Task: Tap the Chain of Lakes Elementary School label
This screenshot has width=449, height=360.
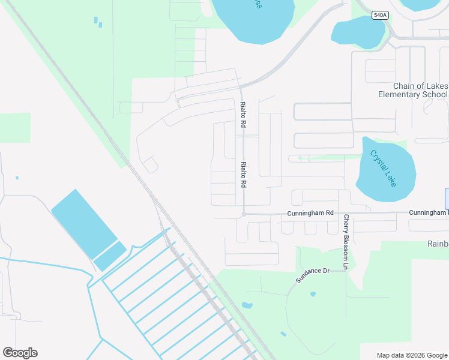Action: [x=412, y=90]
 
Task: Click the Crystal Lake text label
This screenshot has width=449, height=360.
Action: [x=383, y=167]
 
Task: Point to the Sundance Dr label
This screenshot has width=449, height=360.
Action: [x=313, y=275]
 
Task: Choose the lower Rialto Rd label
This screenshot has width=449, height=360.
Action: [x=244, y=176]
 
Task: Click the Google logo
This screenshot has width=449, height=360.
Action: [x=20, y=353]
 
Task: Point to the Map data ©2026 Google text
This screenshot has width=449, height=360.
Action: [x=411, y=355]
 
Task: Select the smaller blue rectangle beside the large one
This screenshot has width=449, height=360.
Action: [x=110, y=256]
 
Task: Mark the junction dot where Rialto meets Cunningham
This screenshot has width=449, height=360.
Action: [x=244, y=214]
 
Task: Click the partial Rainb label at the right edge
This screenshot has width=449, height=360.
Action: [x=438, y=244]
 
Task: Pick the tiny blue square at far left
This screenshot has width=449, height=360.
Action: [x=17, y=178]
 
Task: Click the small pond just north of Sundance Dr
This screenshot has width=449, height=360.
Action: [x=313, y=294]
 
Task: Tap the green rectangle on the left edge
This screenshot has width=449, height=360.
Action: [x=14, y=128]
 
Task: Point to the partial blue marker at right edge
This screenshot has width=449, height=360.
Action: [x=447, y=199]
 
